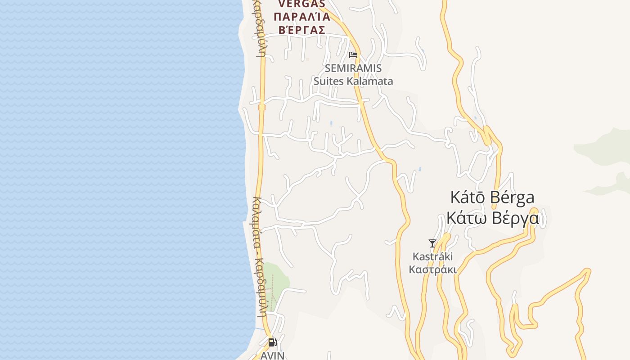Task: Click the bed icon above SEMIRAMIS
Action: click(353, 55)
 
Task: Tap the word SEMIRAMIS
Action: click(353, 68)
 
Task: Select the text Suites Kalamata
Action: click(353, 81)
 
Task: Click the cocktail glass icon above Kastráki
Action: click(432, 243)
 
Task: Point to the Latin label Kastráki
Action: click(433, 256)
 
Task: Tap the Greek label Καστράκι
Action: click(432, 270)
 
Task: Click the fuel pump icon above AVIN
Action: click(272, 342)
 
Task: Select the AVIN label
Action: click(273, 355)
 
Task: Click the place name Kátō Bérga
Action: click(492, 197)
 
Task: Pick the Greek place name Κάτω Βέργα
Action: click(492, 218)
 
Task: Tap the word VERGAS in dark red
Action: click(301, 4)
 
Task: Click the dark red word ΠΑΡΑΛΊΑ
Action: click(301, 17)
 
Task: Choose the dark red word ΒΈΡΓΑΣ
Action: click(301, 30)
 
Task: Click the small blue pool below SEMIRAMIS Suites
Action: click(331, 123)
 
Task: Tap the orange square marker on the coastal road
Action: click(262, 107)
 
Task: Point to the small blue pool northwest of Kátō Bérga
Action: click(420, 169)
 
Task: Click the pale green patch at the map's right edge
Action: click(607, 144)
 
